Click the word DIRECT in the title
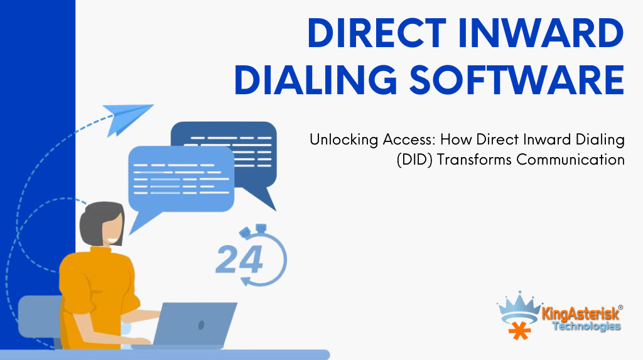tap(377, 33)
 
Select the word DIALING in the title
tap(315, 79)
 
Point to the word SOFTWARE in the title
tap(517, 79)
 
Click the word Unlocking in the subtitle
tap(343, 140)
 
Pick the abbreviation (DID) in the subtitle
tap(414, 160)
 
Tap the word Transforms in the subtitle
tap(474, 160)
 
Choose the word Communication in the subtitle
tap(570, 160)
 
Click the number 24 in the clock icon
tap(239, 259)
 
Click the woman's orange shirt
tap(96, 295)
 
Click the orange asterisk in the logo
tap(519, 330)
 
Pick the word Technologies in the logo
tap(586, 326)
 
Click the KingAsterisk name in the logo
tap(580, 314)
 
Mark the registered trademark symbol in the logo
tap(620, 307)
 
